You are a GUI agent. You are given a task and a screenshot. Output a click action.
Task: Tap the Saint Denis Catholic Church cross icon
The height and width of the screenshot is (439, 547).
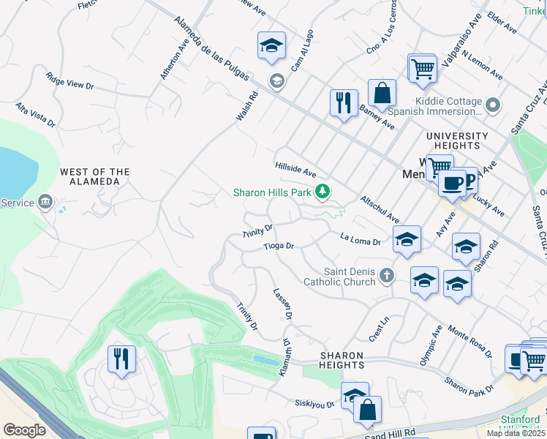[387, 275]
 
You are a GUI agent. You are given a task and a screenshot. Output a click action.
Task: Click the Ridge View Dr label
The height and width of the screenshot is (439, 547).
[69, 80]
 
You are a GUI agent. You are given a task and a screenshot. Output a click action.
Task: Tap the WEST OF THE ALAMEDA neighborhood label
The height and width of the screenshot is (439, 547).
[94, 176]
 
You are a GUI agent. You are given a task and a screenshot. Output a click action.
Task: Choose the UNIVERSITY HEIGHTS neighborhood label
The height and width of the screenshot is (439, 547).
[457, 141]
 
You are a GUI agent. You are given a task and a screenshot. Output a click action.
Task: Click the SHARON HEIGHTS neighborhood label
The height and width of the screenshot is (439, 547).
[342, 360]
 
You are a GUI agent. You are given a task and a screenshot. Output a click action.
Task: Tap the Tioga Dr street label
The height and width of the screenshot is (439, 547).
[279, 247]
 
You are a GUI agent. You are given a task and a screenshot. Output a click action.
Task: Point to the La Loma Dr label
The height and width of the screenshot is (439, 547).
[361, 239]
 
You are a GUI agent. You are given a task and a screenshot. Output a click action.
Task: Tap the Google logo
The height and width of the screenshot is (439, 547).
[24, 430]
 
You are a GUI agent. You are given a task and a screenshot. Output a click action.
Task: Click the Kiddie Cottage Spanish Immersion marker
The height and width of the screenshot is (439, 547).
[493, 106]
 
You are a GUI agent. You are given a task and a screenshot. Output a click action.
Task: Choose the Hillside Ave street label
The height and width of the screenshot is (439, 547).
[295, 170]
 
